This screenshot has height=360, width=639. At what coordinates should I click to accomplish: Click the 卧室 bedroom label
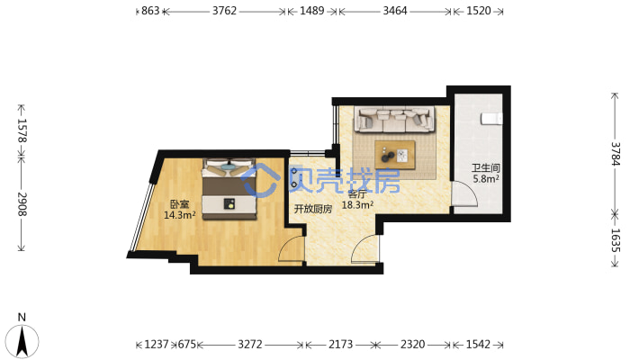[x=179, y=204]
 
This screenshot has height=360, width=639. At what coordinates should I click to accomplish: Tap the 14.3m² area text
[x=179, y=215]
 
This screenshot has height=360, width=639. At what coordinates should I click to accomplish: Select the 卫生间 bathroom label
[x=486, y=167]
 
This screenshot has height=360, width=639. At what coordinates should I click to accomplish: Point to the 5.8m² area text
[x=486, y=178]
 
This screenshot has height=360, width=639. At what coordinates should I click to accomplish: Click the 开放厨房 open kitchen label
[x=313, y=209]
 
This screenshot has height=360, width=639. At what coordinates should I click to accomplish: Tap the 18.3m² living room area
[x=357, y=204]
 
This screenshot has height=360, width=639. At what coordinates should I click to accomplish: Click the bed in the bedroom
[x=229, y=189]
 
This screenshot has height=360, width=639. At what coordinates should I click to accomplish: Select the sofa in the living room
[x=394, y=119]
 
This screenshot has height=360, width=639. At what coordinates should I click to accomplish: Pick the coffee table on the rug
[x=395, y=155]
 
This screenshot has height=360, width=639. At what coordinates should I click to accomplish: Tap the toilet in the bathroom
[x=491, y=119]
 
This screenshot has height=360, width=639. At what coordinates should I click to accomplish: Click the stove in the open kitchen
[x=294, y=178]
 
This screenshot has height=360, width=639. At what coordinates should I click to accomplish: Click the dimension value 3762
[x=224, y=11]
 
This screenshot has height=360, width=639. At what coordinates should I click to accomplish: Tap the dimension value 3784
[x=615, y=154]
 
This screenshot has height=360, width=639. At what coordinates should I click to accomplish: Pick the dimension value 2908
[x=22, y=204]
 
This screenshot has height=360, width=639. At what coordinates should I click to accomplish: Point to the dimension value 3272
[x=250, y=345]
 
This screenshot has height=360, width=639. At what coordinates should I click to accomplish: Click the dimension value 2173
[x=341, y=345]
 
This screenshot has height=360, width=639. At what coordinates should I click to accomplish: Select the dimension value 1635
[x=615, y=240]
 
